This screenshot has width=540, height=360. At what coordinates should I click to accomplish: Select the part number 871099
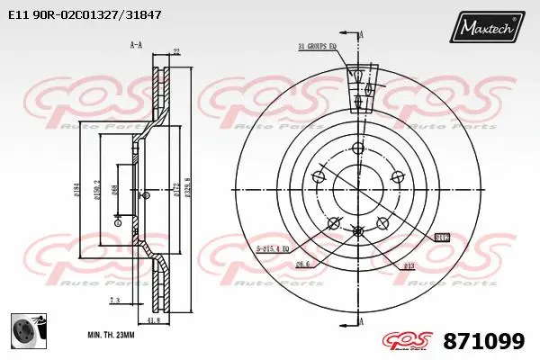pos(483,341)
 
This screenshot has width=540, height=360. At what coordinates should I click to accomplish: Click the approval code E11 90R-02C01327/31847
pos(85,15)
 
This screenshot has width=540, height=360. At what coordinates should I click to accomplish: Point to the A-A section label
pos(137,44)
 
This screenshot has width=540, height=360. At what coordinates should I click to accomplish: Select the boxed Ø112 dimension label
pos(442,238)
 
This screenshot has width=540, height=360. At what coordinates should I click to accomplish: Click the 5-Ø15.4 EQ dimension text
pos(273,247)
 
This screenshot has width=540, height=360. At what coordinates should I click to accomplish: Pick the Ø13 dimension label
pos(409,265)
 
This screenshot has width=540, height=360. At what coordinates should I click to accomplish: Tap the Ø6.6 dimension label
pos(302,264)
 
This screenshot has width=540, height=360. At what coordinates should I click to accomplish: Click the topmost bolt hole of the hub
pos(358,148)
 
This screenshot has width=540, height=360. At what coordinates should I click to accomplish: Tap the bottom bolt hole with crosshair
pos(358,231)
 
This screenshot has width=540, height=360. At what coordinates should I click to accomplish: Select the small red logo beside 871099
pos(404,341)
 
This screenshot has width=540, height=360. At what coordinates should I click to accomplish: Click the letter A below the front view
pos(360,321)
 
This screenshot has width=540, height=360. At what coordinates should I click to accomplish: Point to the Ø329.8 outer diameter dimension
pos(187,191)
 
